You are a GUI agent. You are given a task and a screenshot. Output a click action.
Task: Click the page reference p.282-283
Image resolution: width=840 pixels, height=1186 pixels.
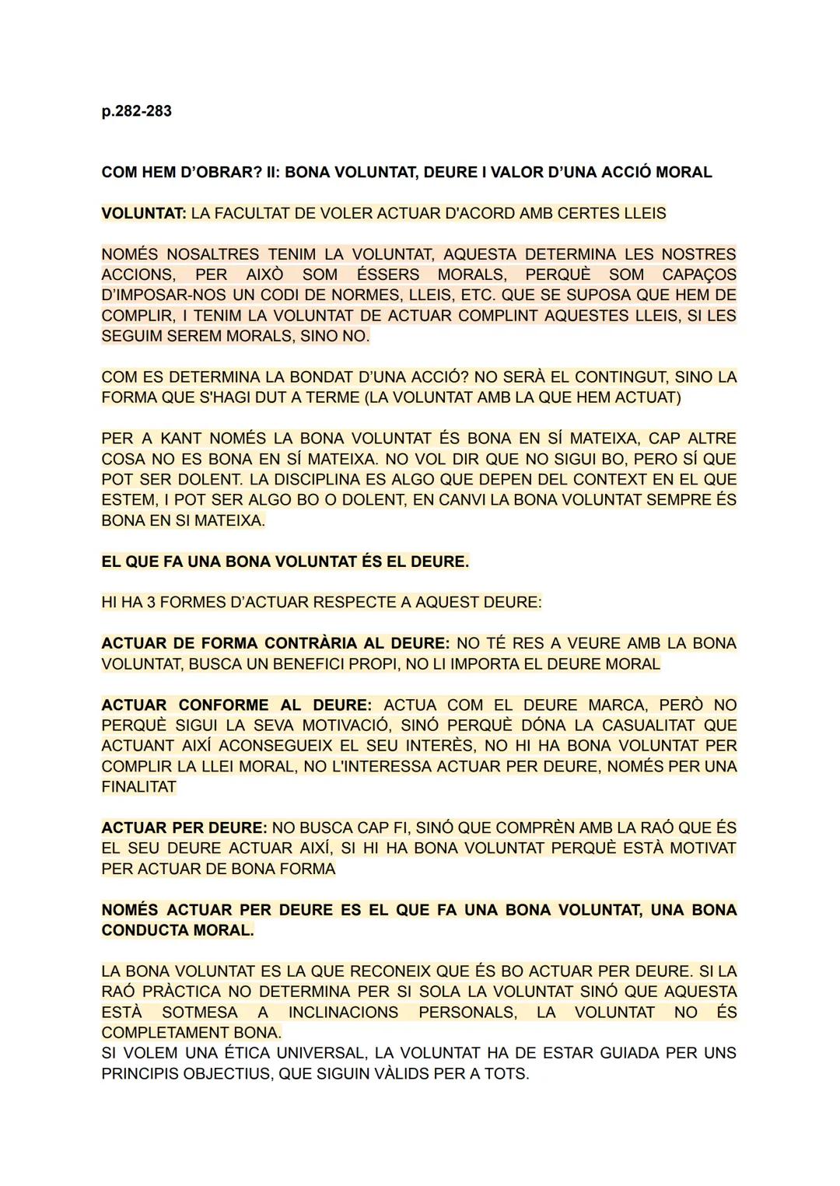(136, 111)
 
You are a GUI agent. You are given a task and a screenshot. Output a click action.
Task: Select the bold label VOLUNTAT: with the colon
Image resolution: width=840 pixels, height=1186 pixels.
(144, 213)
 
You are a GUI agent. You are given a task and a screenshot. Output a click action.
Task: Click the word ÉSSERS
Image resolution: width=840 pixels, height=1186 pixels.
(388, 275)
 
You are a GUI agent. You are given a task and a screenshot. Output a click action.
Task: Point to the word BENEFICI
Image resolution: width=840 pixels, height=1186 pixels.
(348, 663)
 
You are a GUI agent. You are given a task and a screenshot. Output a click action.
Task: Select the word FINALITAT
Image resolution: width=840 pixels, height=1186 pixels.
(139, 786)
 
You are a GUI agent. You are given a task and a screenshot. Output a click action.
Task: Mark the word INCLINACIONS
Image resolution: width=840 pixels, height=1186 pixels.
(343, 1012)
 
